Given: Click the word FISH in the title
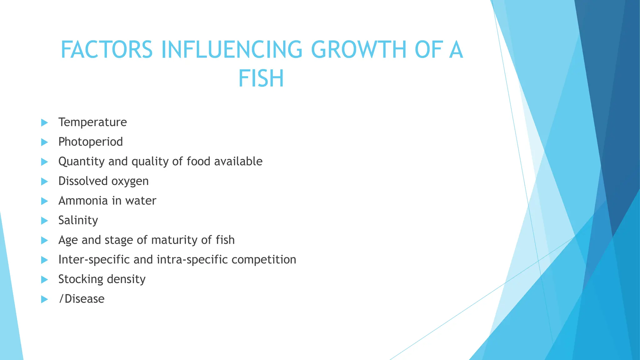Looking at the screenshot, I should [261, 78].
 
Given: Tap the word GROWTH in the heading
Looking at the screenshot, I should [358, 50].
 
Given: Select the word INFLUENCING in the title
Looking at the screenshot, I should [232, 50].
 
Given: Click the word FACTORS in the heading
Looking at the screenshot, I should [107, 50].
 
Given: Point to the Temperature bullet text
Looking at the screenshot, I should [92, 122].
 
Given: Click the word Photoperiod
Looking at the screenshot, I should [91, 142].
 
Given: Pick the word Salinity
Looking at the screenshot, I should [78, 220].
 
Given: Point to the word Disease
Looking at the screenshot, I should [84, 299].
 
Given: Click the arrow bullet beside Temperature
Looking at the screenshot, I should [44, 122].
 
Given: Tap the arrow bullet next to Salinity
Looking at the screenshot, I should [44, 221].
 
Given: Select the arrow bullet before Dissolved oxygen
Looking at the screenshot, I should [44, 182].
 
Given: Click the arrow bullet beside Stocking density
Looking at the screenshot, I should [44, 280].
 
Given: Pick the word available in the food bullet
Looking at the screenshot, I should [238, 162].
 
